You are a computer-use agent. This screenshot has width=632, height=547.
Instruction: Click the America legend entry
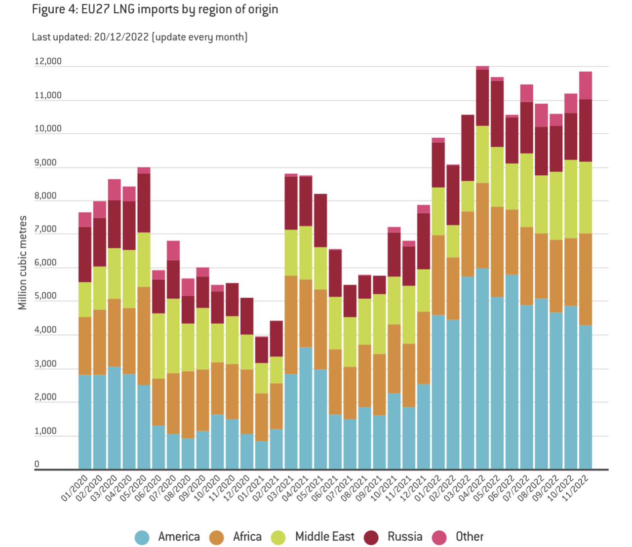tap(168, 537)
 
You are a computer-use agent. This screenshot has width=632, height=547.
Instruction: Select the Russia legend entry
tap(394, 537)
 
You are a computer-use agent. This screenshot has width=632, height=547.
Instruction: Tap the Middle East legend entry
tap(313, 537)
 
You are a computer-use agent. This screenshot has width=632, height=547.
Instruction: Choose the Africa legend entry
tap(236, 537)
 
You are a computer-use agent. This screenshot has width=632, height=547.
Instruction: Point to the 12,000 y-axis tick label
tap(48, 62)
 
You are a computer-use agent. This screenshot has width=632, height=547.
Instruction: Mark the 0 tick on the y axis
tap(37, 465)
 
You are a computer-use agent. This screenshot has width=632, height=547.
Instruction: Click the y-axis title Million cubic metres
tap(22, 263)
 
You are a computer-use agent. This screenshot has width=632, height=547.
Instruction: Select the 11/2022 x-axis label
tap(576, 488)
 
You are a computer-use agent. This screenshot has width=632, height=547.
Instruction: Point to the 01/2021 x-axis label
tap(252, 488)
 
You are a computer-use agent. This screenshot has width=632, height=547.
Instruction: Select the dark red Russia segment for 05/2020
tap(144, 203)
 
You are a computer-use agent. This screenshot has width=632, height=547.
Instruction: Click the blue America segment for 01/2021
tap(262, 455)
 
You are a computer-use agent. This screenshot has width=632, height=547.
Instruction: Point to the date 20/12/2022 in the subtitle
tap(121, 37)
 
